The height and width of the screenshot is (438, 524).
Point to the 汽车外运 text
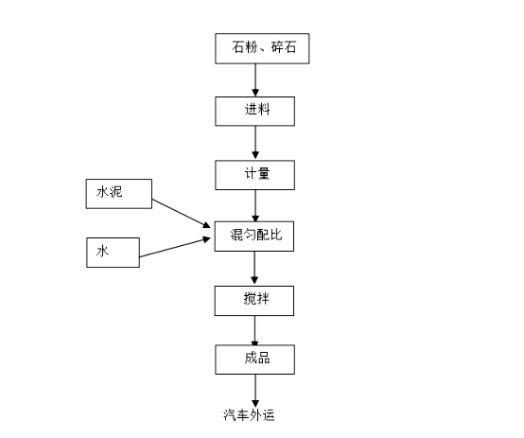[249, 415]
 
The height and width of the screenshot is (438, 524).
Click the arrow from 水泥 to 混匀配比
[181, 213]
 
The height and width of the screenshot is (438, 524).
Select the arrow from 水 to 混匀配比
[175, 247]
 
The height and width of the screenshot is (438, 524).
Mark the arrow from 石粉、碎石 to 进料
[255, 80]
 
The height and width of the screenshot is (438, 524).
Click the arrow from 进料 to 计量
[255, 143]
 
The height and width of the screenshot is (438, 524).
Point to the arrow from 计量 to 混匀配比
[255, 205]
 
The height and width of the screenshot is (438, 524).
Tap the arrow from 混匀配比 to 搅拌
[254, 268]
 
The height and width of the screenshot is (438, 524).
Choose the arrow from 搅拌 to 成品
[254, 330]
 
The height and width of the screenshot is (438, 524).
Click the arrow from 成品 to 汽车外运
[255, 391]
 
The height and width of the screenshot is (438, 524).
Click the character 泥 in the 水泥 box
[116, 192]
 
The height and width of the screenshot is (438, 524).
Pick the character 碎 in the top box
[277, 46]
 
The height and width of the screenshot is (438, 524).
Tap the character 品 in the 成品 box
[264, 358]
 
